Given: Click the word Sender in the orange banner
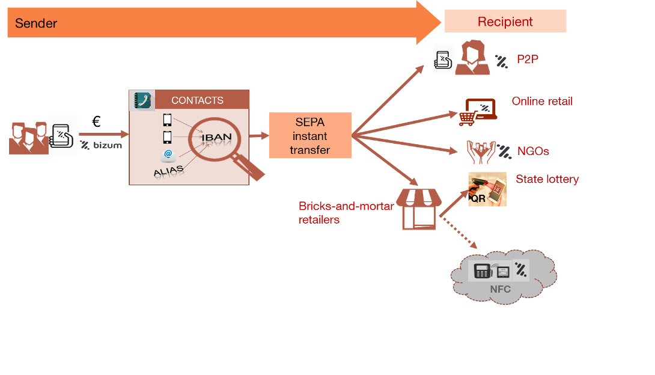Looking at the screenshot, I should point(36,23).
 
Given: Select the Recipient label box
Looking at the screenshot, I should point(505,22).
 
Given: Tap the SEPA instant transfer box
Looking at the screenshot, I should point(309,136).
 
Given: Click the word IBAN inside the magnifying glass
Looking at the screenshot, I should point(216,138).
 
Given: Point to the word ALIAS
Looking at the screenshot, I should point(168,172).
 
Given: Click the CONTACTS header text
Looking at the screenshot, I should point(197,100).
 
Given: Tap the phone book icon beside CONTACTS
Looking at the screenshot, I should point(143,100).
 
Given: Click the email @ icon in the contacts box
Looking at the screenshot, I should point(168,154).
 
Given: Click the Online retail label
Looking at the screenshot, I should point(542,101).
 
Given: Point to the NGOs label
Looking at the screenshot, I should point(533,150).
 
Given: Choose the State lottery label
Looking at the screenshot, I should point(547,179).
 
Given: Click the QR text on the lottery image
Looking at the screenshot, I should point(479,198).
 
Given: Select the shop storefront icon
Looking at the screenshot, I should point(419,209).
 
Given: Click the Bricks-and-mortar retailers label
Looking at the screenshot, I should point(346,213).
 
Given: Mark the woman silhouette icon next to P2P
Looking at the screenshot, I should point(472,58).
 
